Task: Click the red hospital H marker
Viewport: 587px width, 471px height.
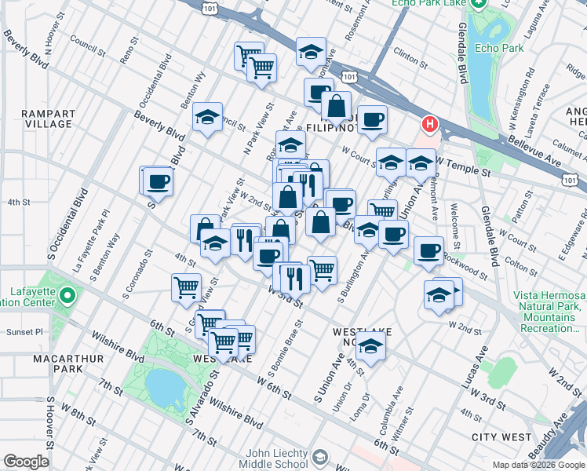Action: [x=430, y=124]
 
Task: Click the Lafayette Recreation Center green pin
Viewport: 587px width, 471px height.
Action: [x=67, y=297]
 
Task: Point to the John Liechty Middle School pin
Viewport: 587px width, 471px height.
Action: [x=320, y=458]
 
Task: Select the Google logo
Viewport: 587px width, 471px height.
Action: [x=26, y=462]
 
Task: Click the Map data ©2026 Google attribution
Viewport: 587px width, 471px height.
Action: [x=537, y=465]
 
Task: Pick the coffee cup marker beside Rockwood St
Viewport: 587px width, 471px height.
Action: [x=428, y=250]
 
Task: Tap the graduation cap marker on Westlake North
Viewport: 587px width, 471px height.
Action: [x=372, y=344]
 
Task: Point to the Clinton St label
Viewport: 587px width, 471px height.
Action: [x=410, y=55]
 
